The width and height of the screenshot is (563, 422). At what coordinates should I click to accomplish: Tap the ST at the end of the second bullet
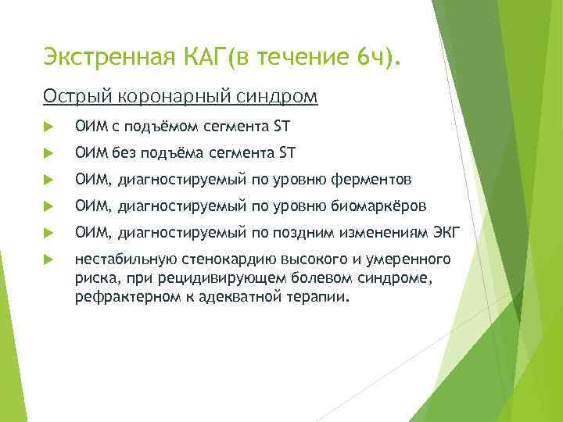click(285, 152)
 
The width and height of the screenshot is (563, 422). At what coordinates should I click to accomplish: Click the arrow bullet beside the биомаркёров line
click(50, 207)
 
